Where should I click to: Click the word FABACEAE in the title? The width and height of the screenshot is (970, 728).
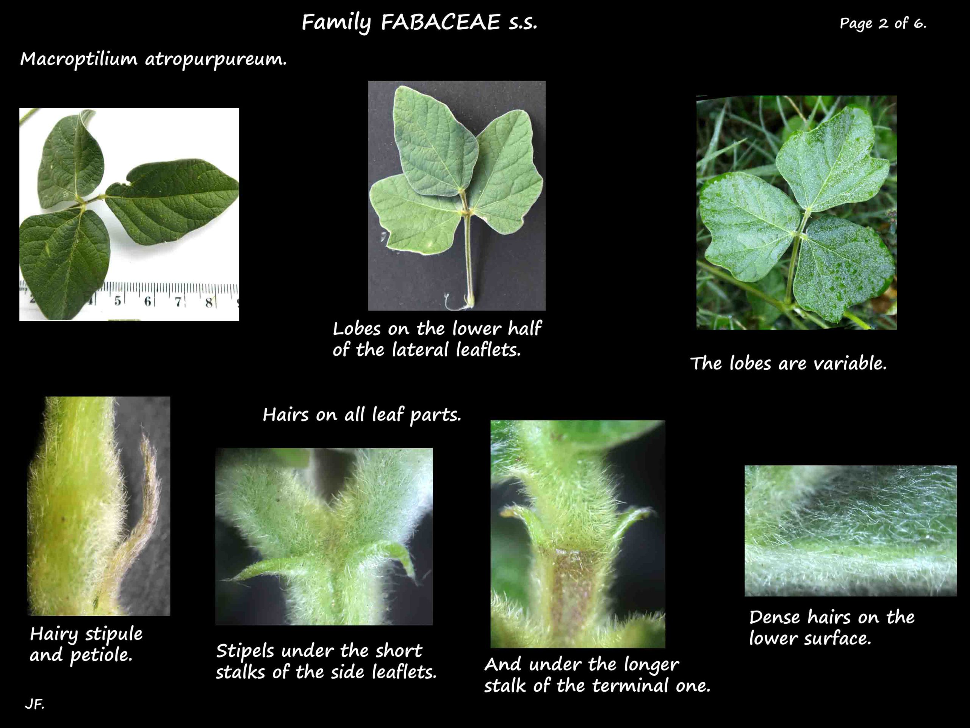pyautogui.click(x=440, y=22)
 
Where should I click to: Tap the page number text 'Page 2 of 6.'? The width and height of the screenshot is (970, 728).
pyautogui.click(x=883, y=23)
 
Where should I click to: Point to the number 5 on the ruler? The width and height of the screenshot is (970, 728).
pyautogui.click(x=117, y=301)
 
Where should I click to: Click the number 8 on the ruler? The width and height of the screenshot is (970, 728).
pyautogui.click(x=209, y=302)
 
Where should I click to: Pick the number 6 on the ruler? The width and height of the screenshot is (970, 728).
pyautogui.click(x=147, y=301)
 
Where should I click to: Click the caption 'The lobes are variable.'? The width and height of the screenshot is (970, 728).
pyautogui.click(x=788, y=363)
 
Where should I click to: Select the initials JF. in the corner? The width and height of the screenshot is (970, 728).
pyautogui.click(x=34, y=704)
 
